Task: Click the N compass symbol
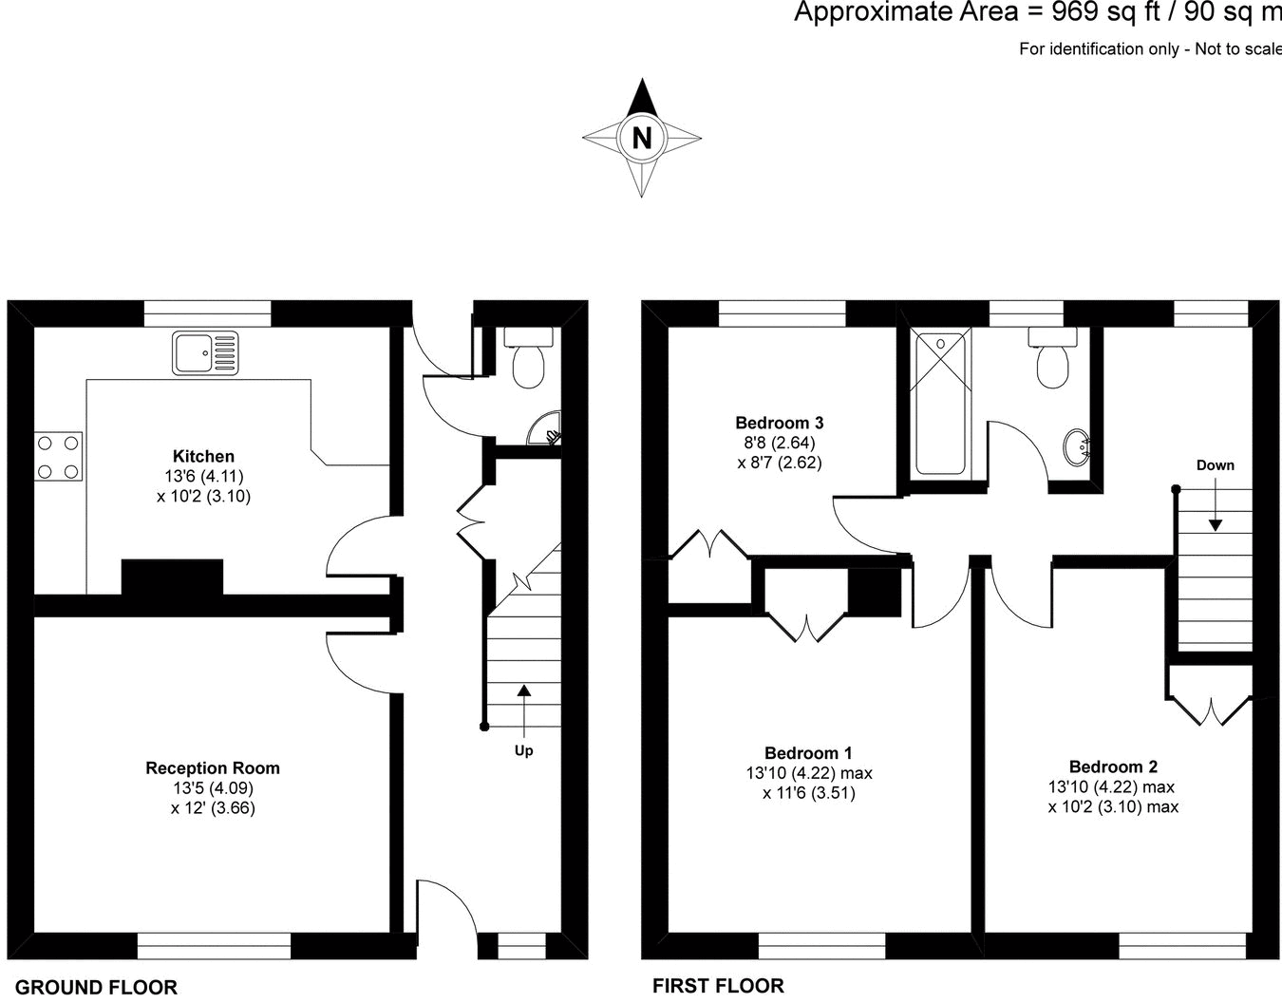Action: (642, 139)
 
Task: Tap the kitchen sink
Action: (205, 352)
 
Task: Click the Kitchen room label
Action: (203, 456)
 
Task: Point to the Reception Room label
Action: (213, 767)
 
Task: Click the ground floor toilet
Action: (527, 358)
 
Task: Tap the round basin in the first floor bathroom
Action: (1078, 445)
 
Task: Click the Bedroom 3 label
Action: (779, 423)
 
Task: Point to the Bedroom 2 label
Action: (1113, 766)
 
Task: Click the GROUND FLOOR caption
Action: (97, 987)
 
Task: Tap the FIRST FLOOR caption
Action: (718, 986)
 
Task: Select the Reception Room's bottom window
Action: (214, 946)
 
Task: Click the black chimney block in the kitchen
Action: (172, 577)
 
